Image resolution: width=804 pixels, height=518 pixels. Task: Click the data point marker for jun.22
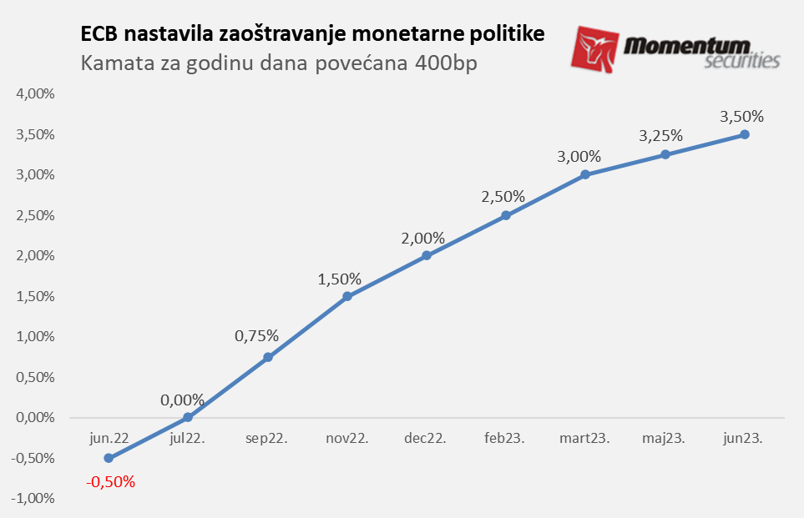point(109,458)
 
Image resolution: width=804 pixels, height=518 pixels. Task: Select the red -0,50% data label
point(110,482)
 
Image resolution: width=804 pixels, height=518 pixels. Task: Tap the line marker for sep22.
point(268,357)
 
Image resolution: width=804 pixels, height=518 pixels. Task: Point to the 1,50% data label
point(339,279)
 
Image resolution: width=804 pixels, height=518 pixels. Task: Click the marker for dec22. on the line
point(427,255)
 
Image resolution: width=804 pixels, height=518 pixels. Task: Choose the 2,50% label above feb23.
point(503,197)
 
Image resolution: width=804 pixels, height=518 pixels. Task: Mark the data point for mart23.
point(585,174)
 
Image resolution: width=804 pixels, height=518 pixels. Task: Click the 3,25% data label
point(660,135)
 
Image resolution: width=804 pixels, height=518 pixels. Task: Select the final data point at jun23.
point(744,134)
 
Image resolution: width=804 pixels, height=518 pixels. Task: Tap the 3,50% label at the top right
point(742,117)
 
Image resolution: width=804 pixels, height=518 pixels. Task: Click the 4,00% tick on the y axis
point(35,94)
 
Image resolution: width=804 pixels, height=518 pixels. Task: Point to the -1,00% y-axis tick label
point(33,499)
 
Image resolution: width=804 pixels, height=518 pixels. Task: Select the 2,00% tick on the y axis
point(35,256)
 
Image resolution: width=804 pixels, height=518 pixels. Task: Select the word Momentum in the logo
point(689,45)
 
